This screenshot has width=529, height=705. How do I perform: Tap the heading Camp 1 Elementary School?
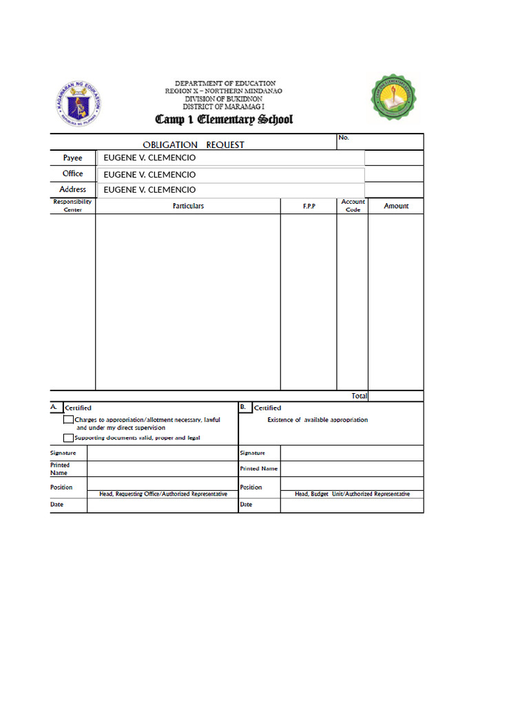click(x=224, y=119)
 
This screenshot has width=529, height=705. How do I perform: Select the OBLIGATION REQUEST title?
click(x=193, y=145)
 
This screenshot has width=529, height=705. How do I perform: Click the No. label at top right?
click(x=344, y=138)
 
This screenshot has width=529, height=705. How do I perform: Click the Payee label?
click(x=72, y=158)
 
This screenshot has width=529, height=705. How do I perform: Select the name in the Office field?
click(x=149, y=175)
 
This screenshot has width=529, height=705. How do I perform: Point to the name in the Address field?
click(x=149, y=190)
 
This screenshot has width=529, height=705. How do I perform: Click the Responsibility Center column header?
click(x=72, y=205)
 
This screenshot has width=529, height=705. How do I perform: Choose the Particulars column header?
click(x=188, y=206)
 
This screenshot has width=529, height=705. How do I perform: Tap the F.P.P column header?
click(x=309, y=207)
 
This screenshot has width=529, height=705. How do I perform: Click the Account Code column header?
click(x=353, y=206)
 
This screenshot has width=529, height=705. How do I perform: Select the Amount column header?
click(x=396, y=206)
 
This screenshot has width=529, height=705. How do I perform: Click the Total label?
click(x=359, y=396)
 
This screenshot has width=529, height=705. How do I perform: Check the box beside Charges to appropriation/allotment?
click(x=68, y=419)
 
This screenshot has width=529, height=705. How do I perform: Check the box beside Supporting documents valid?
click(x=68, y=437)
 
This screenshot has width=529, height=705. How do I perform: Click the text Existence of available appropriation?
click(x=318, y=420)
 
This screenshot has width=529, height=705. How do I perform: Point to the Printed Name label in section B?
click(x=258, y=469)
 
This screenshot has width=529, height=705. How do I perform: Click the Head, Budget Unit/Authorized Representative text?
click(x=352, y=494)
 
